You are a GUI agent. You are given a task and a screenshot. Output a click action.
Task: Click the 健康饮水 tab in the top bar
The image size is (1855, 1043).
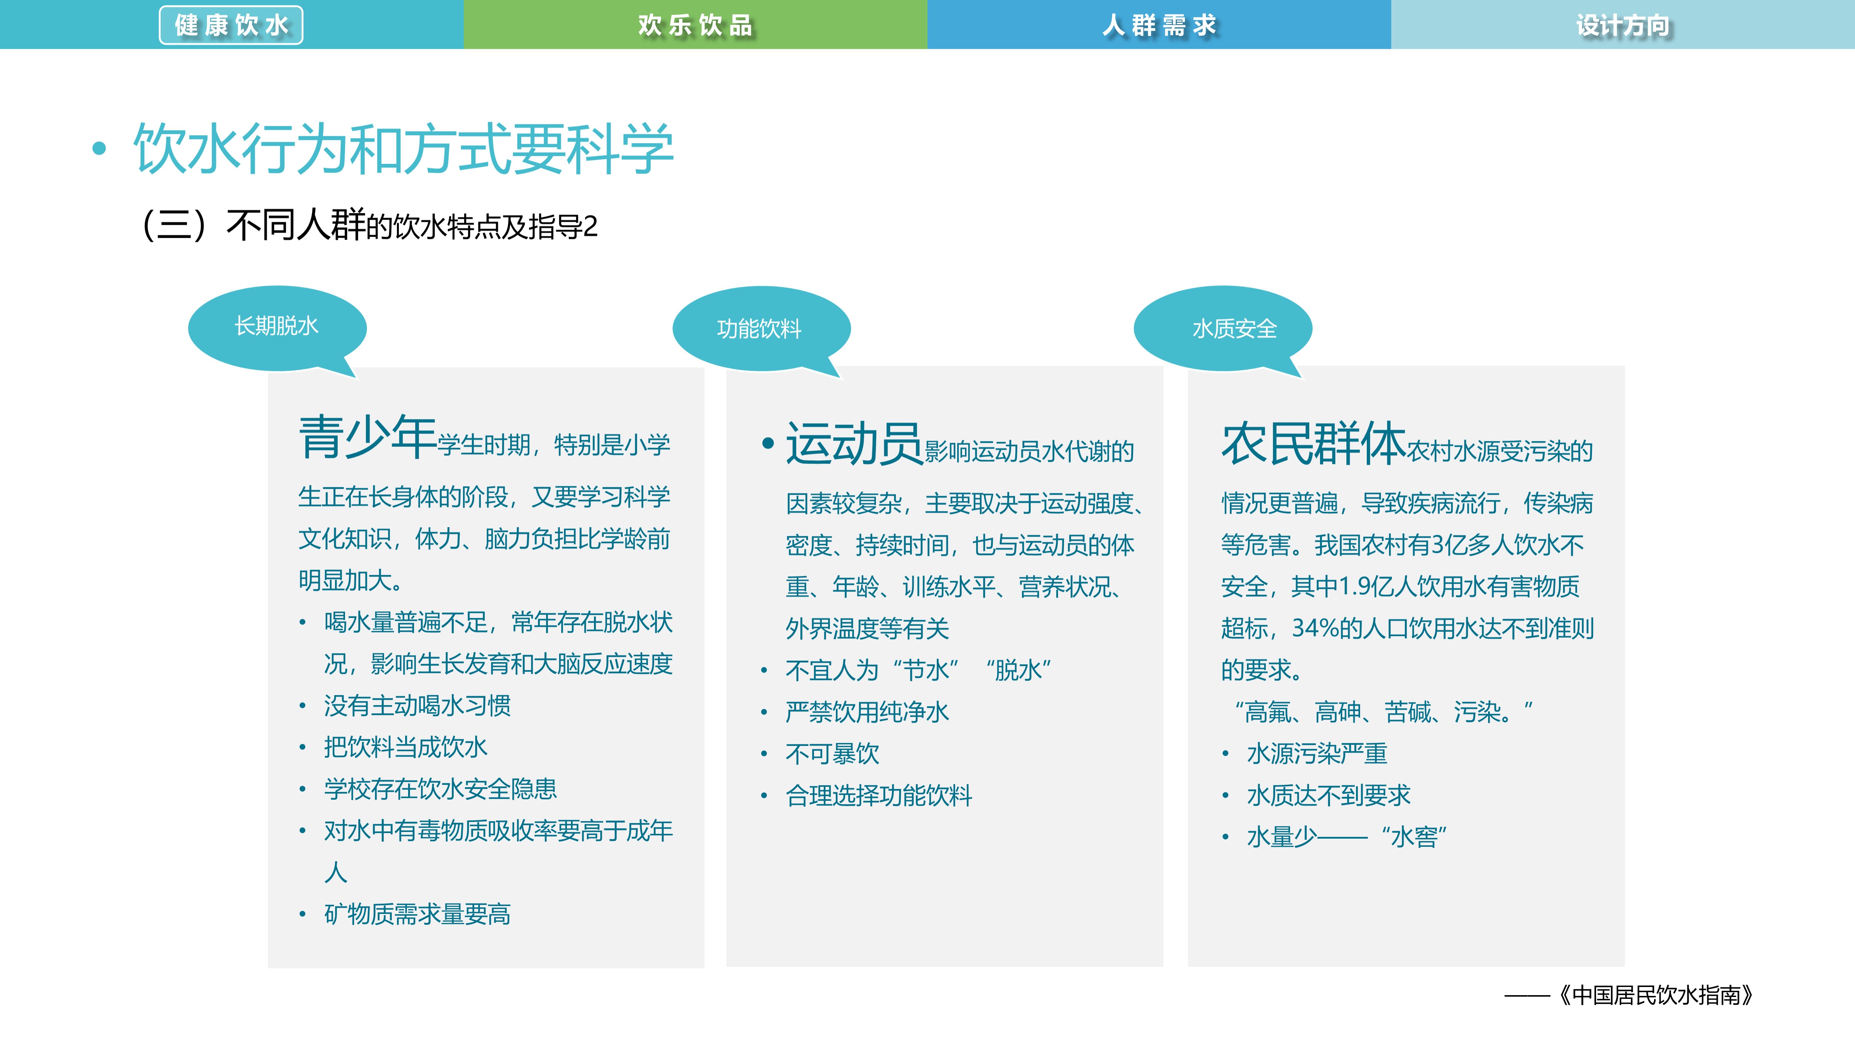click(231, 25)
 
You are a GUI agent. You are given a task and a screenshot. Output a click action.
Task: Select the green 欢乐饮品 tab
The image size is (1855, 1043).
click(695, 25)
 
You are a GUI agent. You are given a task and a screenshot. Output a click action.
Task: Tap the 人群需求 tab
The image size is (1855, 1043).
click(1159, 25)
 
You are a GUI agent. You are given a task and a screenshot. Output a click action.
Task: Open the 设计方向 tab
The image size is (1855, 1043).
click(1622, 25)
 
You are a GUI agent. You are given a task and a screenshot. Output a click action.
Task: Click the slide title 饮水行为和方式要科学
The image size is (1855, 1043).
click(403, 149)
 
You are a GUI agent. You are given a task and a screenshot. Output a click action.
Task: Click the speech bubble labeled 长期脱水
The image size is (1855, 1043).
click(276, 327)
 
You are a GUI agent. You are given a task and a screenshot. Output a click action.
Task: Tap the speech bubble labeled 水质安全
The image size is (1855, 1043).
click(1234, 329)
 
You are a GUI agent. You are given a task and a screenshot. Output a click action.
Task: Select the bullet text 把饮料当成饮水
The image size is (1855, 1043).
click(406, 747)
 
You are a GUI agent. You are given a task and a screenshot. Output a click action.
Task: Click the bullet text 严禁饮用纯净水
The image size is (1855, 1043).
click(867, 712)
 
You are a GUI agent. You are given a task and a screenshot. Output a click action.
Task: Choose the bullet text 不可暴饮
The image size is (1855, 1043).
click(833, 754)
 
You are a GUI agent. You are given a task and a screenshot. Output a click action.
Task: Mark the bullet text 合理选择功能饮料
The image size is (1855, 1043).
click(879, 795)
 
